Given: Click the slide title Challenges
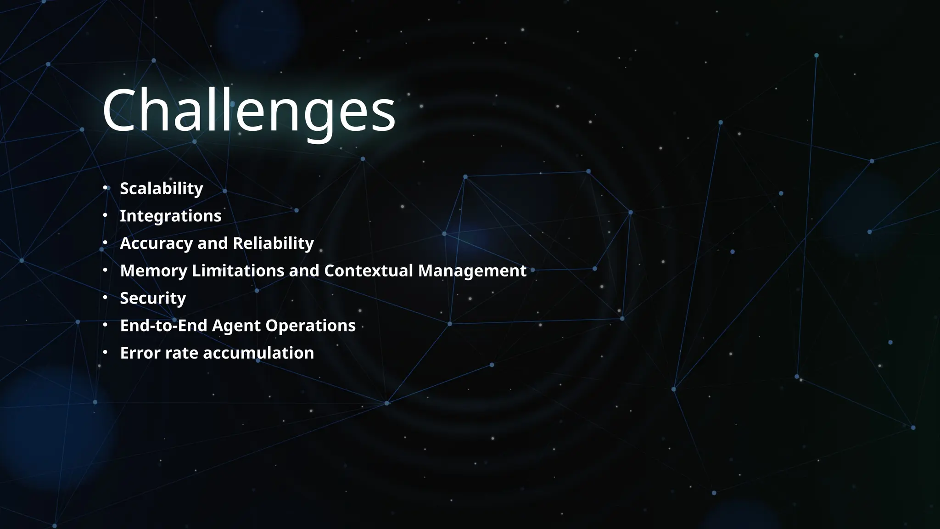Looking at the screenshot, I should click(x=249, y=111).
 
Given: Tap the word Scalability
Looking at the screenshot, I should click(x=161, y=189).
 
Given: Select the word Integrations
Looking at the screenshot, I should click(x=170, y=216).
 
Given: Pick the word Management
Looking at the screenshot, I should click(x=472, y=271).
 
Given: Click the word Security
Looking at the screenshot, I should click(x=153, y=298).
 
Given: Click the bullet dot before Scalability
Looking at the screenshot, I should click(x=105, y=188).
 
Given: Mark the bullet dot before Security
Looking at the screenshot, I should click(x=105, y=298).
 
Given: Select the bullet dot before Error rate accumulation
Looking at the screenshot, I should click(x=105, y=352).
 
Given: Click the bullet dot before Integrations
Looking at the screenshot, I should click(x=105, y=215).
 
